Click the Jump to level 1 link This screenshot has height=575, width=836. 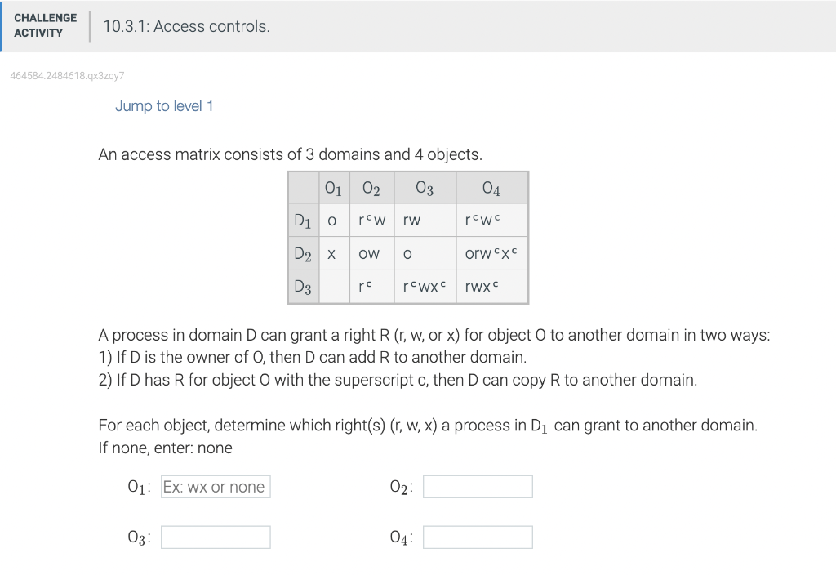pos(163,106)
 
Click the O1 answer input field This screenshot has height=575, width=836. pos(216,487)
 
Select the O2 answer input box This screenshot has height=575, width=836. pos(478,487)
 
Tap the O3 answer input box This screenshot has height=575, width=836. pos(216,537)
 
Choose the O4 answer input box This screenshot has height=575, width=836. pos(478,537)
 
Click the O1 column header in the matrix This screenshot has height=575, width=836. pos(333,189)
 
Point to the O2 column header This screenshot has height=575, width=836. pos(371,189)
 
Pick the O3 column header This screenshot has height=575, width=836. pos(425,189)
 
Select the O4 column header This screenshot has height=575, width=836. pos(491,189)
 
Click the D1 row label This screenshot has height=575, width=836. pos(303,221)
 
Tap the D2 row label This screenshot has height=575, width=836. pos(303,254)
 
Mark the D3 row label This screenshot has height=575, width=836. pos(303,287)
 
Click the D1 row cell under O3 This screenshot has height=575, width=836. pos(425,221)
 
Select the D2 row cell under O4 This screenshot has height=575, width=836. pos(491,254)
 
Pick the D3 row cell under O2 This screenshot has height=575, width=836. pos(371,287)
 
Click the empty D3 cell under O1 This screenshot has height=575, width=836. pos(333,287)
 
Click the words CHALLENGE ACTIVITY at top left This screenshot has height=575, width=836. pos(46,25)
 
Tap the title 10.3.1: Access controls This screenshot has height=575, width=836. pos(186,26)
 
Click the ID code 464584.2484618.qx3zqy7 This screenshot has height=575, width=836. pos(67,75)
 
